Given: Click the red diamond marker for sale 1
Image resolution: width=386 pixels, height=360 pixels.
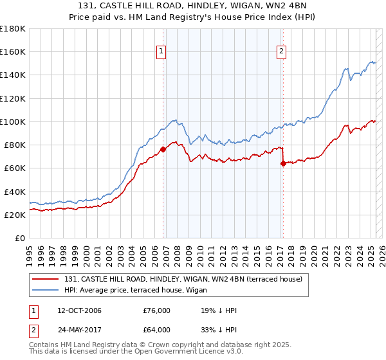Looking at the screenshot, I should [x=163, y=149].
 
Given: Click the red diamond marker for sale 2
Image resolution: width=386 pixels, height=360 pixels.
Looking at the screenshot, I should [x=283, y=163].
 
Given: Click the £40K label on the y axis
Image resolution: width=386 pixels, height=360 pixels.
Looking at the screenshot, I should [x=14, y=192].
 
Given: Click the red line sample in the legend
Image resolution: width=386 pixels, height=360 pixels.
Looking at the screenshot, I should [x=46, y=279].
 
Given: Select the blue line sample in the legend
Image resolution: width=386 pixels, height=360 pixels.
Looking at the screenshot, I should [x=46, y=290].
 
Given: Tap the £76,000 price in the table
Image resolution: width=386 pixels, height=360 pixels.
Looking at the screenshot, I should [x=157, y=310].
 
